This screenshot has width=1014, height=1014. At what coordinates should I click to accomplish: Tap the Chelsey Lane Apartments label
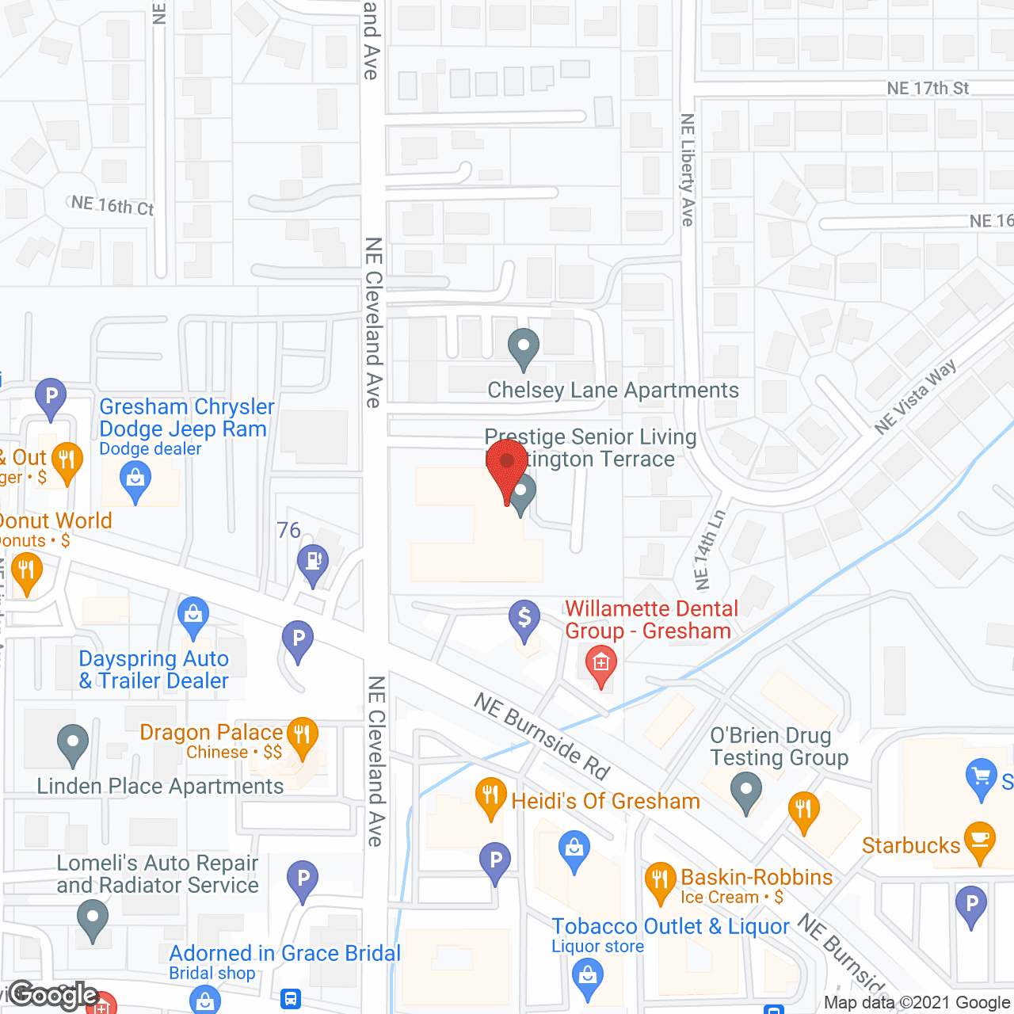(612, 391)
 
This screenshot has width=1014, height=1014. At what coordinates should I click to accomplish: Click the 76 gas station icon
(313, 562)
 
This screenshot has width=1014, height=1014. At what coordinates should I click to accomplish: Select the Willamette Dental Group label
(650, 619)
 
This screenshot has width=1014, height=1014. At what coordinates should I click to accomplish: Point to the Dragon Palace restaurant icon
(302, 735)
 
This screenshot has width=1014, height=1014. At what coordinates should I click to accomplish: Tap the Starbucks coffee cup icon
(981, 841)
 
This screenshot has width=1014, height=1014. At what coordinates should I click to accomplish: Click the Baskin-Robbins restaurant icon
(659, 881)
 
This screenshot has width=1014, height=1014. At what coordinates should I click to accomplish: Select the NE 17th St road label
(928, 89)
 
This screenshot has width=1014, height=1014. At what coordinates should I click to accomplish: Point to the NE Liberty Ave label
(687, 170)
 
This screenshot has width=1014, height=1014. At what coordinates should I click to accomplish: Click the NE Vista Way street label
(915, 397)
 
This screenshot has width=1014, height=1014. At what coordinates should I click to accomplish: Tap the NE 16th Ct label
(112, 206)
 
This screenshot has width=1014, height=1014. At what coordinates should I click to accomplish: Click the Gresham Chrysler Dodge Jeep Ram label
(186, 418)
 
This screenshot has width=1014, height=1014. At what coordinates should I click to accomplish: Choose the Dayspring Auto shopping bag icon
(193, 615)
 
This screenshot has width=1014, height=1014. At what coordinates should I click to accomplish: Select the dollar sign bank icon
(524, 618)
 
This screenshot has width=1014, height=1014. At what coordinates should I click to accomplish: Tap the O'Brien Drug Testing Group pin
(746, 791)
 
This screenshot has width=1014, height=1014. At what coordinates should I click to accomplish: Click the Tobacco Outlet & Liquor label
(670, 927)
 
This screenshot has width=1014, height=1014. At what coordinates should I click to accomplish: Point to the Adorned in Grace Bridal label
(284, 954)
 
